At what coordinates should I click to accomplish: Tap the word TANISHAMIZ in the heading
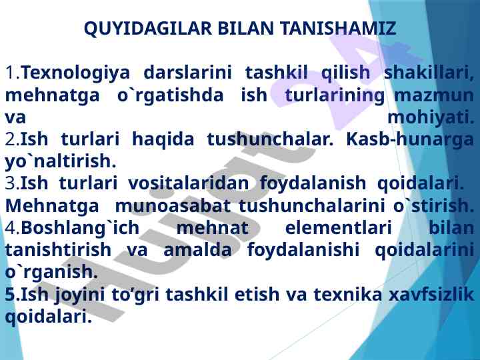[x=339, y=28]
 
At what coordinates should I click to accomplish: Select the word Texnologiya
[x=76, y=73]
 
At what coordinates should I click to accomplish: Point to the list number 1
[x=12, y=73]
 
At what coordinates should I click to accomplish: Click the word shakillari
[x=429, y=73]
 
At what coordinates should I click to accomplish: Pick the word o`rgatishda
[x=171, y=95]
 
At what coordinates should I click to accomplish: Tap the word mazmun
[x=434, y=95]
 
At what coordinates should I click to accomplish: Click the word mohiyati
[x=431, y=117]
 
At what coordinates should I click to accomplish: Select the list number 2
[x=13, y=139]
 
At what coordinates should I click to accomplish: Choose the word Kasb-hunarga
[x=410, y=139]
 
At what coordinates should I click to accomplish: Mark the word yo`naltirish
[x=61, y=161]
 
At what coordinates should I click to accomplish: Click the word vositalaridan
[x=188, y=183]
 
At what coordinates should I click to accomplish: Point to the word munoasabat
[x=173, y=206]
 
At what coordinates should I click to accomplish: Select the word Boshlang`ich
[x=80, y=228]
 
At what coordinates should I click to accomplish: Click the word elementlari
[x=339, y=228]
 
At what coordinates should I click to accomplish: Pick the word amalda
[x=198, y=250]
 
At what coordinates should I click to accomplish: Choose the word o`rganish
[x=52, y=272]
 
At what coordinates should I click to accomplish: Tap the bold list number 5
[x=12, y=294]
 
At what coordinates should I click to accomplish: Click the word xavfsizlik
[x=431, y=294]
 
